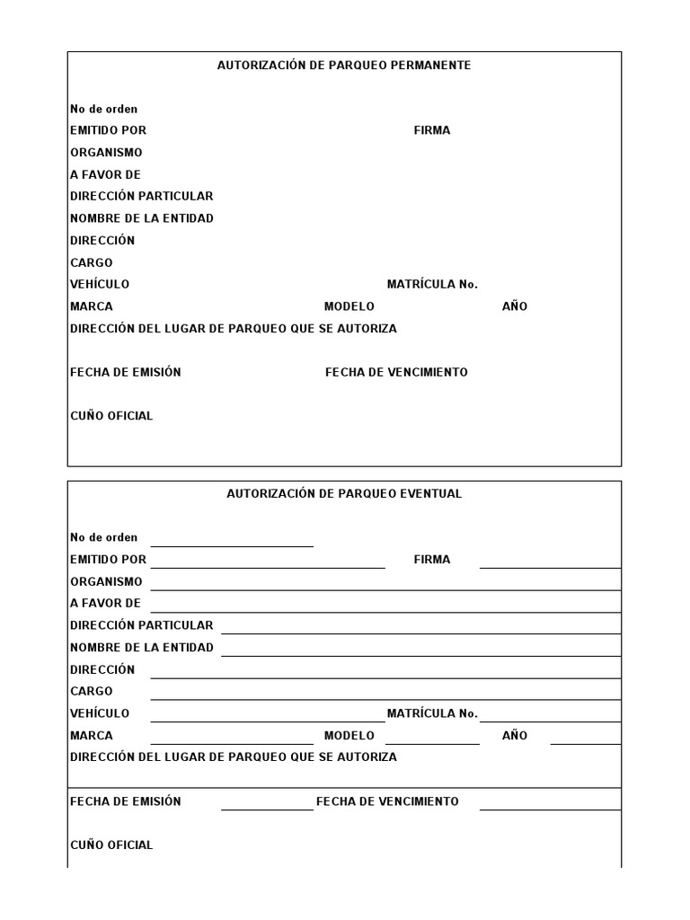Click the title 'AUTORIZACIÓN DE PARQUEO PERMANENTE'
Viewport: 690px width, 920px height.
pyautogui.click(x=344, y=66)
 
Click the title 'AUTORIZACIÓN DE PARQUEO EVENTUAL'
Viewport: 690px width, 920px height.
pyautogui.click(x=344, y=494)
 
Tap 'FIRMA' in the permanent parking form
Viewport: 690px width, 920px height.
pyautogui.click(x=432, y=130)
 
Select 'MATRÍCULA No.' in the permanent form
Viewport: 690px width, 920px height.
pyautogui.click(x=432, y=284)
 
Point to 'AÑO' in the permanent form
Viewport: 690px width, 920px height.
pyautogui.click(x=515, y=306)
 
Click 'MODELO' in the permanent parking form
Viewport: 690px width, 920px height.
pyautogui.click(x=349, y=306)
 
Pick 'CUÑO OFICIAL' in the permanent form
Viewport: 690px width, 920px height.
pyautogui.click(x=111, y=416)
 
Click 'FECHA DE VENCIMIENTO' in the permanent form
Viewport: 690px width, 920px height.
pyautogui.click(x=396, y=372)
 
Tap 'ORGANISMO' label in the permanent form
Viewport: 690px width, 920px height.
pyautogui.click(x=106, y=153)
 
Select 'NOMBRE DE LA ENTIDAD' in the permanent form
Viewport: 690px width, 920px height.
pyautogui.click(x=142, y=218)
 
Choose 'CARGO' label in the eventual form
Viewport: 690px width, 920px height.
pyautogui.click(x=92, y=692)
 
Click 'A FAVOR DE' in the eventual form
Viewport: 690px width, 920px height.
pyautogui.click(x=105, y=604)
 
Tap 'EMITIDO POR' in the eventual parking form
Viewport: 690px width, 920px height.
pyautogui.click(x=108, y=560)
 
